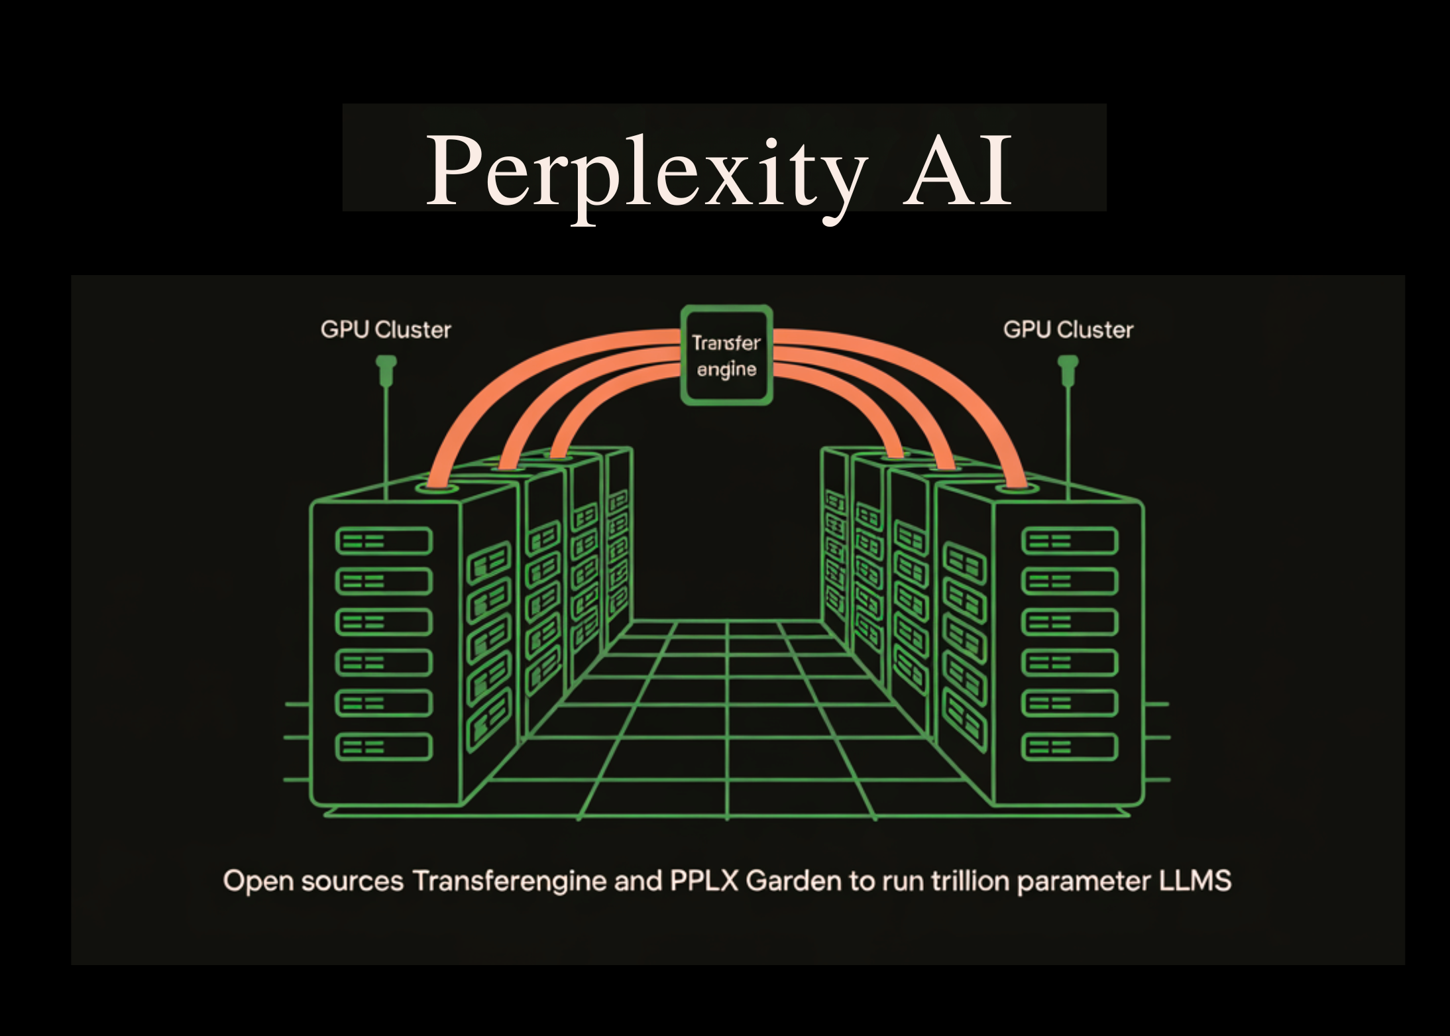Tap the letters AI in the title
click(x=958, y=170)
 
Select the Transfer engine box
click(x=727, y=355)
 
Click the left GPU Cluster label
click(x=386, y=330)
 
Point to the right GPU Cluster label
click(x=1068, y=330)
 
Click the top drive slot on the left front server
click(x=384, y=541)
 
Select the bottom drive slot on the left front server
click(x=384, y=747)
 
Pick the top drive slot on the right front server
click(x=1070, y=541)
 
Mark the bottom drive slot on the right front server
click(x=1070, y=747)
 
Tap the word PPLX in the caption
click(x=704, y=881)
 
